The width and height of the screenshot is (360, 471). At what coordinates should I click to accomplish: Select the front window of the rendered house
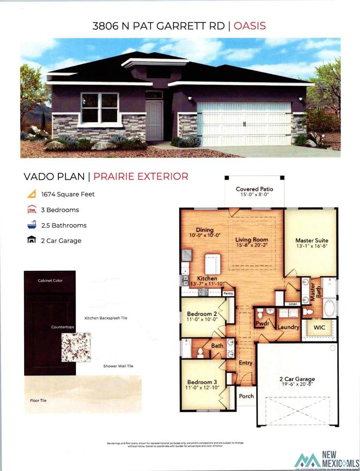[x=100, y=108]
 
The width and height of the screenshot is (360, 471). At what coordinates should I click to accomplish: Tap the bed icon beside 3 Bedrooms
[x=31, y=209]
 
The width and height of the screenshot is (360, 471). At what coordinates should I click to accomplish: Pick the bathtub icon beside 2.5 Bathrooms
[x=31, y=225]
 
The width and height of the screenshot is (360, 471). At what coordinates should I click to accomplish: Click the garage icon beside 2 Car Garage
[x=31, y=240]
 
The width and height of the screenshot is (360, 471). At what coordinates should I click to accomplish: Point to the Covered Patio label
[x=254, y=189]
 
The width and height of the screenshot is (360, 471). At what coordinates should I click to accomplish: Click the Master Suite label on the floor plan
[x=311, y=240]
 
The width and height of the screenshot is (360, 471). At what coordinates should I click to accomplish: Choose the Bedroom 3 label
[x=202, y=382]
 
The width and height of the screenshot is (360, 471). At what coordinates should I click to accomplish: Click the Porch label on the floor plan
[x=246, y=396]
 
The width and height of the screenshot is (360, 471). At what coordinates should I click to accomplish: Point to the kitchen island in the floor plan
[x=213, y=264]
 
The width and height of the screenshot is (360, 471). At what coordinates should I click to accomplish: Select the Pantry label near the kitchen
[x=228, y=293]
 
